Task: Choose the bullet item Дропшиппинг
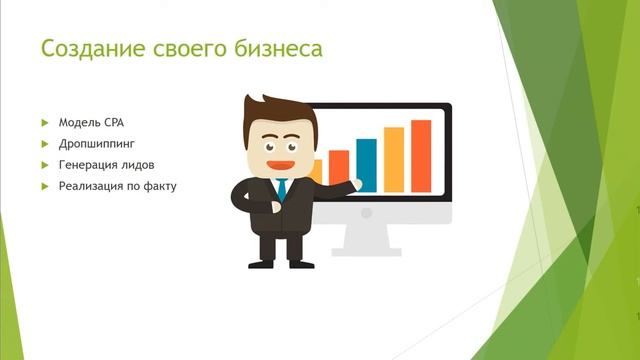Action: click(x=97, y=143)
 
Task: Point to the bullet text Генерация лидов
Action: click(x=106, y=164)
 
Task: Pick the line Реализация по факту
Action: click(x=117, y=185)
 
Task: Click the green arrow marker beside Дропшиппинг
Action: click(x=45, y=143)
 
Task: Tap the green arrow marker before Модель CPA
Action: click(x=45, y=122)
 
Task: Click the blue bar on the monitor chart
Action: click(x=366, y=165)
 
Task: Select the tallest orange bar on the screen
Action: click(x=421, y=155)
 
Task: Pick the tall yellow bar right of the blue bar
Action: click(x=394, y=159)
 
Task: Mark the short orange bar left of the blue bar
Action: click(x=339, y=167)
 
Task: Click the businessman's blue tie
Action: click(x=282, y=188)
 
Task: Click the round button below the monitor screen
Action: click(x=366, y=212)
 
